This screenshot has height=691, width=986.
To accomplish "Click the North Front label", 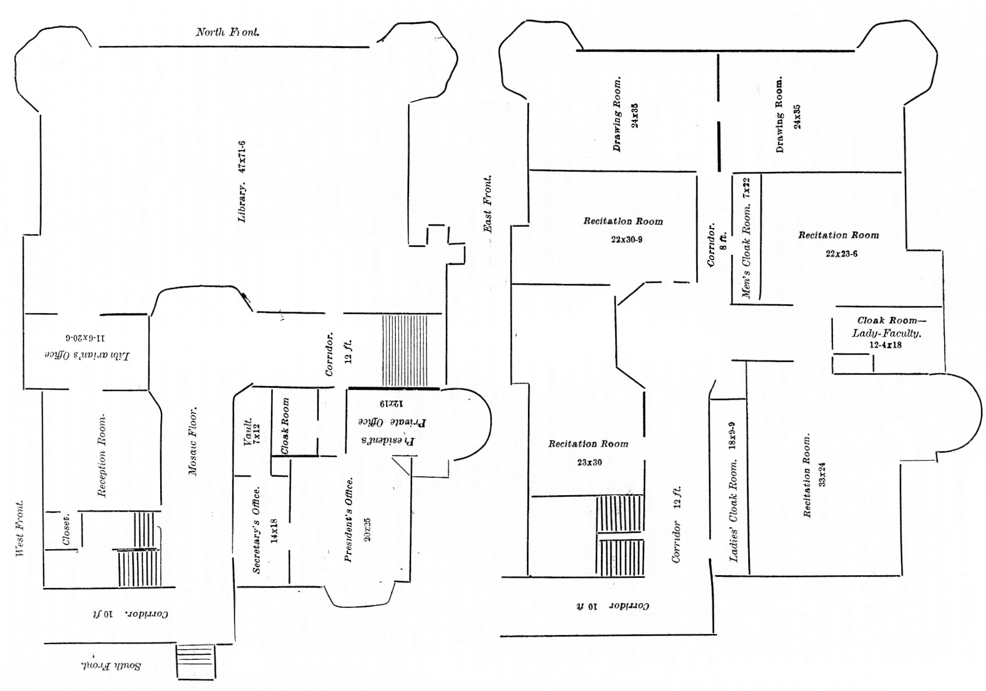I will pos(227,32).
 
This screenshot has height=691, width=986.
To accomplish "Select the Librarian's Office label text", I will pos(87,355).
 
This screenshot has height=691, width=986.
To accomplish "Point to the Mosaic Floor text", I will pos(193,441).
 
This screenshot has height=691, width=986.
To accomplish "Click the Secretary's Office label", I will pos(257,530).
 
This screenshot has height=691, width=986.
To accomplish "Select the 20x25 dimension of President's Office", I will pos(367,529).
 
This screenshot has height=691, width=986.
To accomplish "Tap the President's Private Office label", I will pos(392,431).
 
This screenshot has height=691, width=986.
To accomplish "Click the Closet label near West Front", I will pos(66,530).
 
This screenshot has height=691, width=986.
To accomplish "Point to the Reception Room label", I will pos(102,455).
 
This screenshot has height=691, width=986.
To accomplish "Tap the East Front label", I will pos(488,204).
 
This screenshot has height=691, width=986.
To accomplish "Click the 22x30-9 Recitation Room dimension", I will pos(626,240).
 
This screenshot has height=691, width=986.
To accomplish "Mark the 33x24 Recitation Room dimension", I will pos(822,474).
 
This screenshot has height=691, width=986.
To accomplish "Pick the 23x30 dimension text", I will pos(589,463).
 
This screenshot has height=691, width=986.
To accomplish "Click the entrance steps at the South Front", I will pos(195,661).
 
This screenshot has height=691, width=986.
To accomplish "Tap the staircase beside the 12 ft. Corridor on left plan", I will pos(405,350).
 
